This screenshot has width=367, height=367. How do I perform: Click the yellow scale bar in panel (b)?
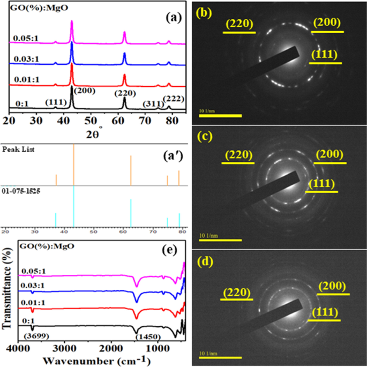pyautogui.click(x=220, y=115)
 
